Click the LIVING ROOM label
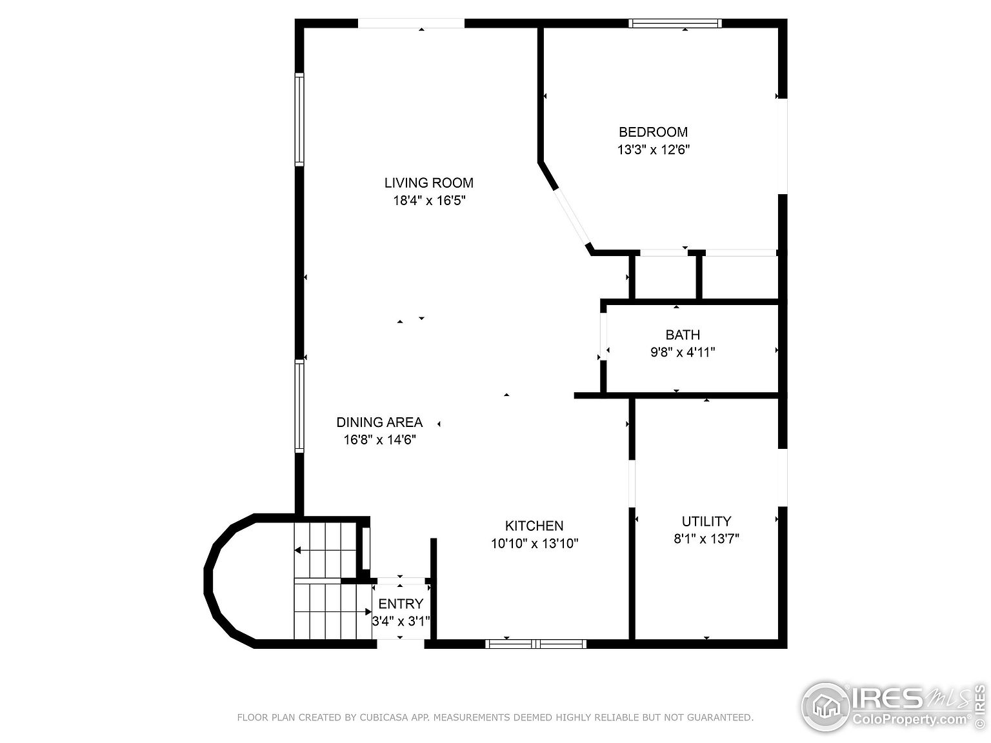[429, 183]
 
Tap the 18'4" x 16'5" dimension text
[429, 201]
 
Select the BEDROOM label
[653, 132]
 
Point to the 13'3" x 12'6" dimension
[653, 150]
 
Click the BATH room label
[683, 335]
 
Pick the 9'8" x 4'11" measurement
[683, 352]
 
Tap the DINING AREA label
[379, 422]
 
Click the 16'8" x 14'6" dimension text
[379, 440]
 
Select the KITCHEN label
[534, 526]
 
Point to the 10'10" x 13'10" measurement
[534, 544]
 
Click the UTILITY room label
[706, 521]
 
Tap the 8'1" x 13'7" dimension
[706, 539]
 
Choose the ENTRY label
[401, 604]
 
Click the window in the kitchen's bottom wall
[536, 643]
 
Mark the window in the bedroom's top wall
[675, 24]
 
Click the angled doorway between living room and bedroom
[572, 217]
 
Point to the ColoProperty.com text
[910, 719]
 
